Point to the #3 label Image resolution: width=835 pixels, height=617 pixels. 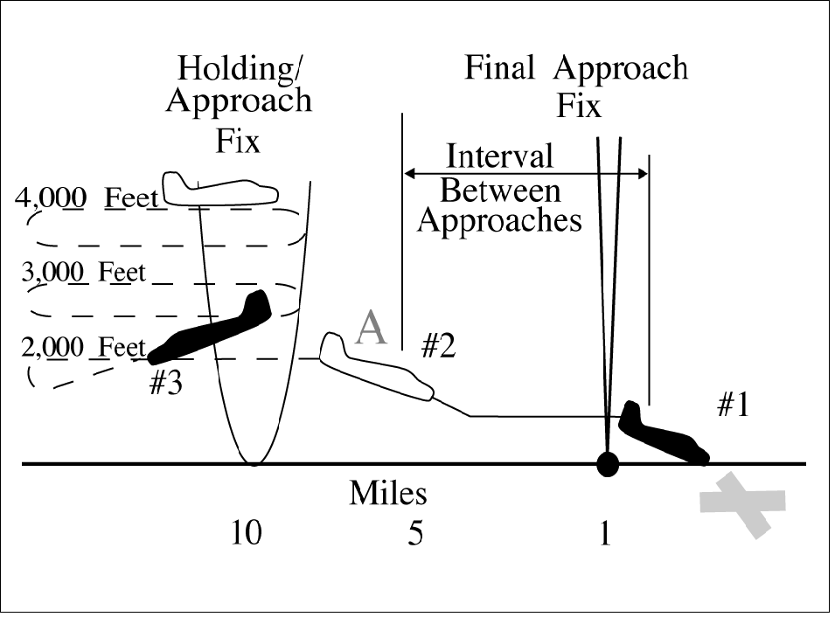click(x=165, y=384)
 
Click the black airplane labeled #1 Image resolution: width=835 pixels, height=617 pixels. click(x=663, y=433)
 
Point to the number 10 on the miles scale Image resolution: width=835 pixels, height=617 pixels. click(x=247, y=533)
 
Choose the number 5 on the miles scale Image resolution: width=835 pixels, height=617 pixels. click(x=415, y=533)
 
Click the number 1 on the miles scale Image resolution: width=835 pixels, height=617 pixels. click(x=603, y=533)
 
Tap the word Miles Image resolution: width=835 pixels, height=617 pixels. click(x=388, y=494)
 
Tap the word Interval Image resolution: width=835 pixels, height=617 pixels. click(x=499, y=156)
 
